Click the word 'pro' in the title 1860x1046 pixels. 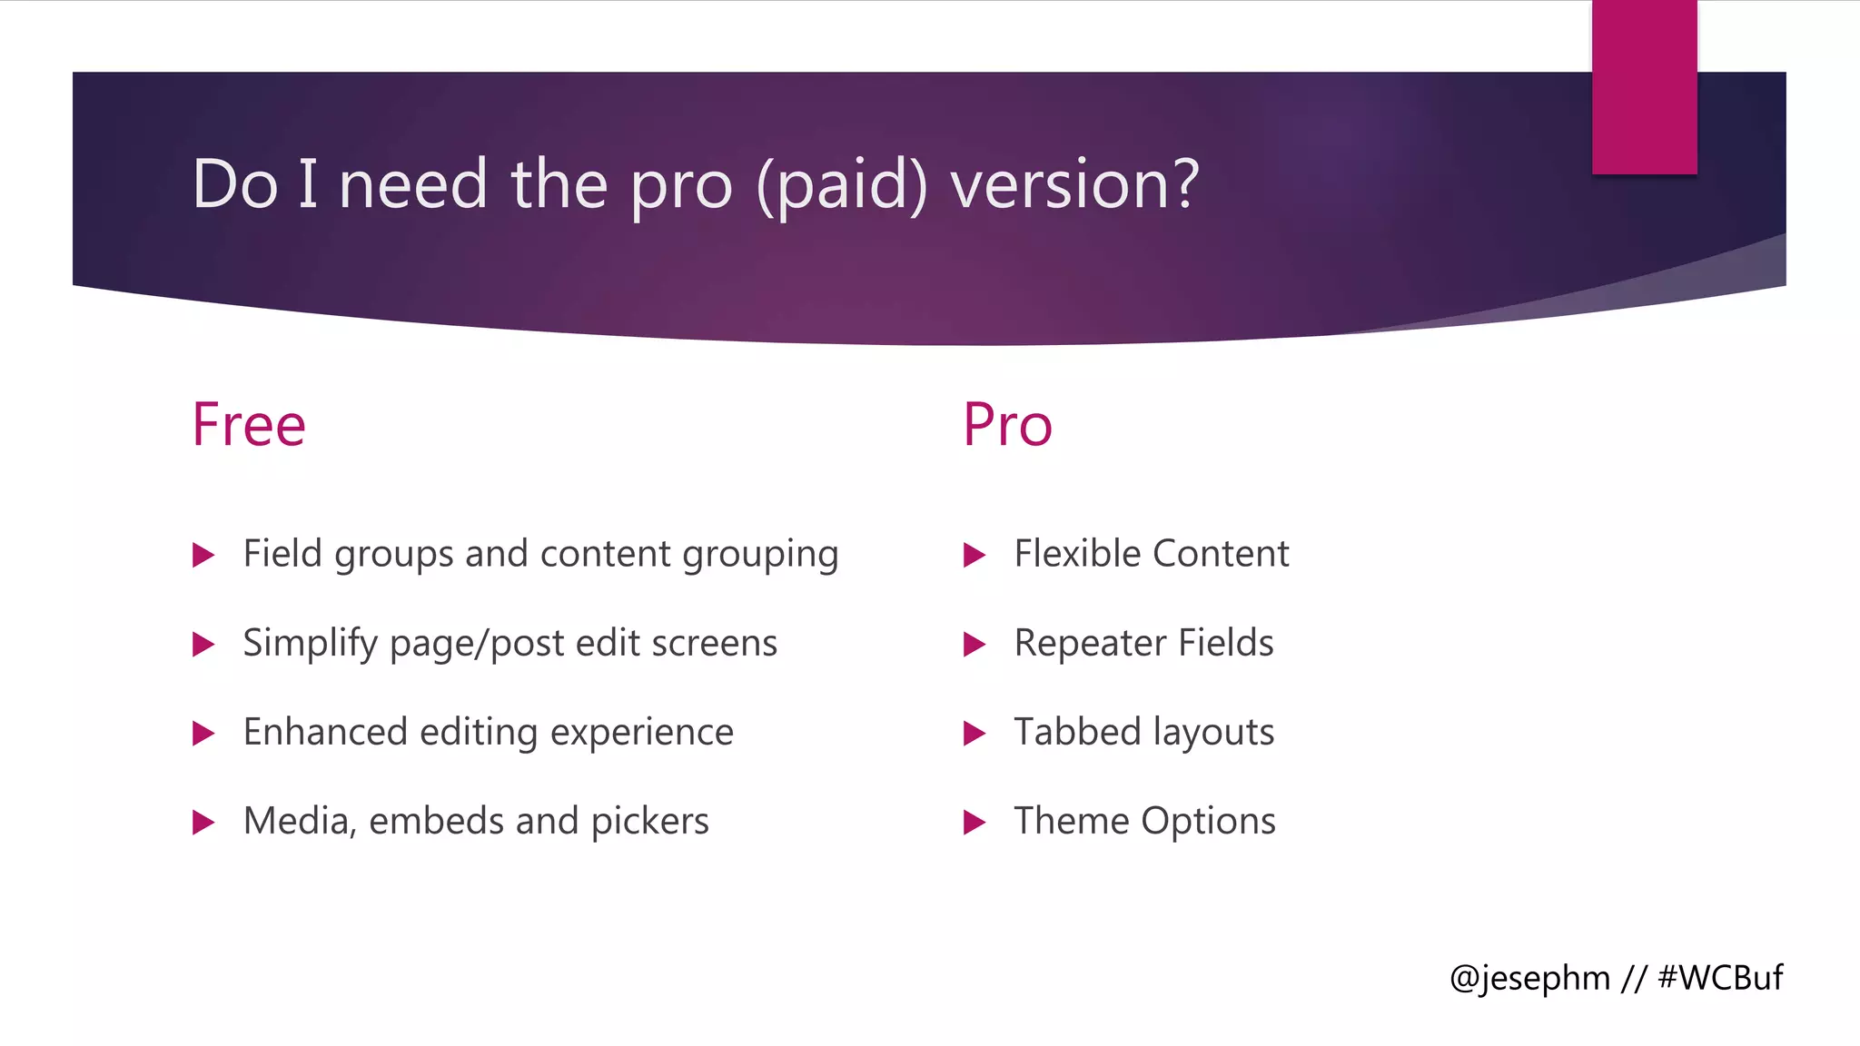point(680,186)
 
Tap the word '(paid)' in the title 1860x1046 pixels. point(842,186)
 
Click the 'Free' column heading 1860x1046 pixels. point(249,425)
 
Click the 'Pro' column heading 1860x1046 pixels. point(1007,425)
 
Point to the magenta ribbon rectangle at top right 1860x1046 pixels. point(1644,86)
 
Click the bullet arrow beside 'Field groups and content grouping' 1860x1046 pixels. point(203,555)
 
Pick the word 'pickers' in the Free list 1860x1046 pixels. point(649,822)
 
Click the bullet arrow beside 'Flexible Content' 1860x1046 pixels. point(975,555)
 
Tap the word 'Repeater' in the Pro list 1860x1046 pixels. point(1090,644)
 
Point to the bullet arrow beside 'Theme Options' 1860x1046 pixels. point(975,823)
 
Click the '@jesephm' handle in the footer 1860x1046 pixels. point(1529,979)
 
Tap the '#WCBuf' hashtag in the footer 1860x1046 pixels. point(1720,978)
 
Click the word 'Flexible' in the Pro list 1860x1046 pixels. point(1077,554)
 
